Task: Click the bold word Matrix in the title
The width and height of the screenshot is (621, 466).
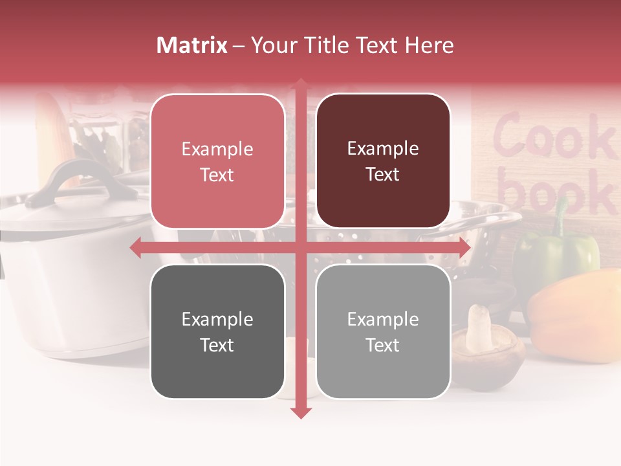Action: (191, 45)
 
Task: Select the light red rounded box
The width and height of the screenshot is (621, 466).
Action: (217, 161)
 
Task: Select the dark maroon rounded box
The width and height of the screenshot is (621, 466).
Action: (383, 161)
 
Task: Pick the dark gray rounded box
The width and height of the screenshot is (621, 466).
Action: (217, 331)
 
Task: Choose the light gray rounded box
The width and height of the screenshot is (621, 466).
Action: (383, 331)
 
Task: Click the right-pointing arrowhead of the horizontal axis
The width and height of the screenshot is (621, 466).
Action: (464, 247)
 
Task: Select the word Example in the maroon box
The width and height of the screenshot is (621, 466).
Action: (383, 148)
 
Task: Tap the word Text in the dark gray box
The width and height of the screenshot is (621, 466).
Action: (217, 345)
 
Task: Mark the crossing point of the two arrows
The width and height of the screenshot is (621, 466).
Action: (300, 247)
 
